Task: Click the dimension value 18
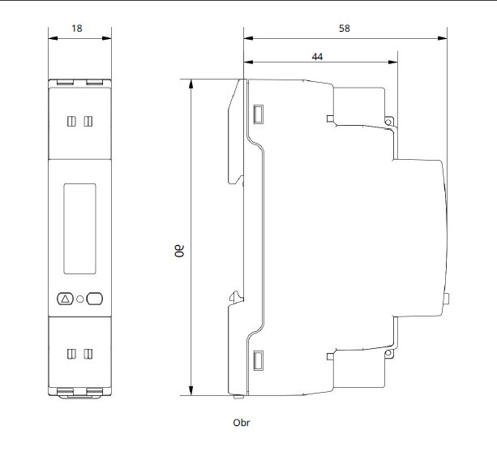[77, 28]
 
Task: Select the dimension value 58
[345, 28]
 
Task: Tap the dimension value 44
[317, 57]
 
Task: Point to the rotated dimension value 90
[179, 251]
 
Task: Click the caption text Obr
[242, 423]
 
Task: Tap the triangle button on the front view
[66, 299]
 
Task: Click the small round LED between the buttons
[80, 299]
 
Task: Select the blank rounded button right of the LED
[95, 299]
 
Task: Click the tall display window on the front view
[79, 228]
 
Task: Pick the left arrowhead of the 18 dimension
[53, 38]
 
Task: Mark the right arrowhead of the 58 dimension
[443, 38]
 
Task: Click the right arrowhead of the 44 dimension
[393, 62]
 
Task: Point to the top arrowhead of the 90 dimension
[191, 84]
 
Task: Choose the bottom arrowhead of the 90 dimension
[191, 391]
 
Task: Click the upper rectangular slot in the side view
[258, 114]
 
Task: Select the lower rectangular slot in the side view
[258, 360]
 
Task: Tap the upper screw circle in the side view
[388, 122]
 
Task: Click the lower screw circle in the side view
[388, 353]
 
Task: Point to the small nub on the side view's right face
[447, 299]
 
